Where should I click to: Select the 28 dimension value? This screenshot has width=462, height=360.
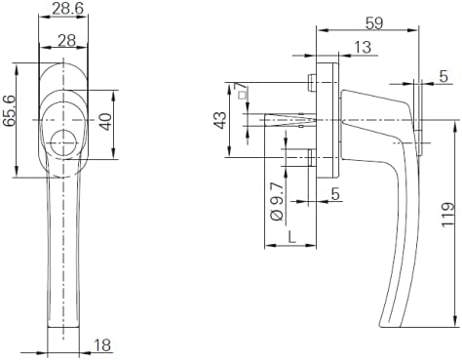[x=67, y=41]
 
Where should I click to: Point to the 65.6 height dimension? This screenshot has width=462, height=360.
[x=9, y=110]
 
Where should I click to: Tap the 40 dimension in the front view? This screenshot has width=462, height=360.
[x=106, y=122]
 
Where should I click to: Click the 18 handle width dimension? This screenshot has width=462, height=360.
[x=102, y=345]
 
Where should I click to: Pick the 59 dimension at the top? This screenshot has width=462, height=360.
[x=374, y=23]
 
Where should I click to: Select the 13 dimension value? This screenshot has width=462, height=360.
[x=363, y=47]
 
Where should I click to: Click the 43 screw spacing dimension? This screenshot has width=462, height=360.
[x=220, y=120]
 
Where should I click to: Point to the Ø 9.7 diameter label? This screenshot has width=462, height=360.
[x=277, y=202]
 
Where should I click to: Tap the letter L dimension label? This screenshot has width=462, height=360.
[x=292, y=236]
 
